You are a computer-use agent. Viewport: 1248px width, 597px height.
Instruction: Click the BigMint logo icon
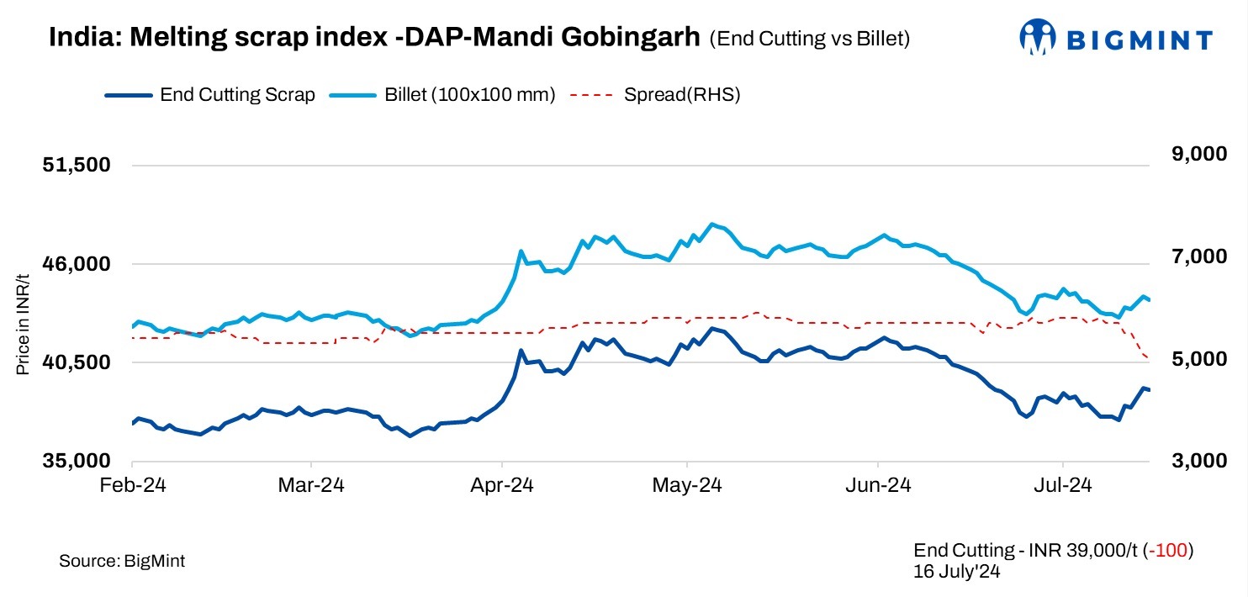coord(1038,38)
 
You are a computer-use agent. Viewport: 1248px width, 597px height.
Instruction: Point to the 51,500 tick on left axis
coord(77,165)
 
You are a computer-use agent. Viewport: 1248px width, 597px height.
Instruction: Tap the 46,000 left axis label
coord(77,264)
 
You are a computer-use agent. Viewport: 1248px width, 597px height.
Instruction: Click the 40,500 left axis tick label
coord(77,362)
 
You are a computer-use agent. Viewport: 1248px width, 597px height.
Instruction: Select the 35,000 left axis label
coord(77,461)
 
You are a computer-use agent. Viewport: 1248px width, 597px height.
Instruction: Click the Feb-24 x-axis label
coord(133,485)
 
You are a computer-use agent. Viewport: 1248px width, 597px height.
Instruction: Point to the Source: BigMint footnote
coord(122,561)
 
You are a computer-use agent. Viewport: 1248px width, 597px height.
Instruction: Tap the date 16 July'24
coord(956,571)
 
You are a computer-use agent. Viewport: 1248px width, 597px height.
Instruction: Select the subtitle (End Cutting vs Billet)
coord(810,39)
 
